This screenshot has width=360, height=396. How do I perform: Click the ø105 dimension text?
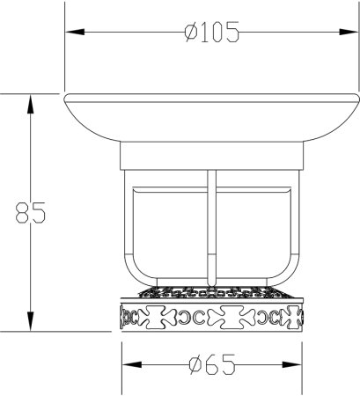point(211,34)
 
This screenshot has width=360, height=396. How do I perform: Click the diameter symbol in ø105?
point(187,34)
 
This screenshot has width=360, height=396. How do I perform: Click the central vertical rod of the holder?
point(209,229)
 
